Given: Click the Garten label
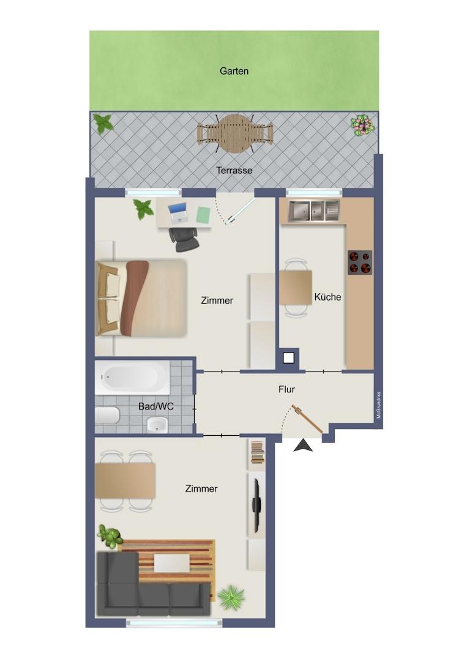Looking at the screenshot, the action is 234,71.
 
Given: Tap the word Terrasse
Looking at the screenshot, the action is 234,170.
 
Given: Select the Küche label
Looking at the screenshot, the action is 327,297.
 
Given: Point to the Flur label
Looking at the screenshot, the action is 286,389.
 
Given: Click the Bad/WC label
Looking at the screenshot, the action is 156,407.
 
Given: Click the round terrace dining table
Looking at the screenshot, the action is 235,134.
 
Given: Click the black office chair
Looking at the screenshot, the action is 184,239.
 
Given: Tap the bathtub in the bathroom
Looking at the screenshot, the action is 132,377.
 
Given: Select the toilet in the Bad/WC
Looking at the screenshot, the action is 107,416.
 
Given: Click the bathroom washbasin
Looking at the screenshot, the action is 157,425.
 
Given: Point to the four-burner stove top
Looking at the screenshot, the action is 360,262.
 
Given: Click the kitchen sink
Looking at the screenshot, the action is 314,211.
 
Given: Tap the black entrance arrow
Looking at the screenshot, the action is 303,446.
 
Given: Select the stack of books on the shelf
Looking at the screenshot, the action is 257,452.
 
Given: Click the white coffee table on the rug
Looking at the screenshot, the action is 171,563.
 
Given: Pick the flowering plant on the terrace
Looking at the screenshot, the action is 362,125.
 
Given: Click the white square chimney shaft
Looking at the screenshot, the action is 289,358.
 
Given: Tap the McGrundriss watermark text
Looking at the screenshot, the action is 378,406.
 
